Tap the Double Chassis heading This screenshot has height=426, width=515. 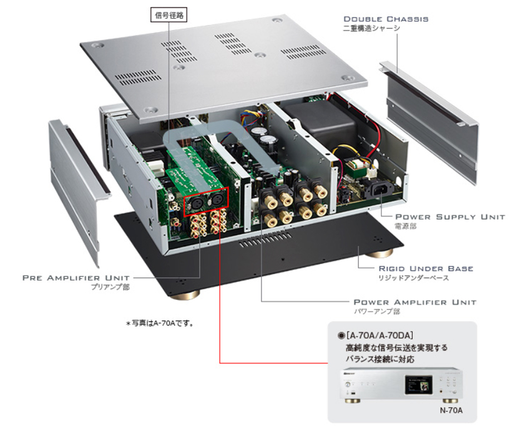pyautogui.click(x=385, y=19)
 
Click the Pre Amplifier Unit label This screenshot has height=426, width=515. pyautogui.click(x=76, y=277)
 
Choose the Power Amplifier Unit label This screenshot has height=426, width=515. pyautogui.click(x=414, y=302)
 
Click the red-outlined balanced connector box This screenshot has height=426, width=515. pyautogui.click(x=205, y=202)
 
